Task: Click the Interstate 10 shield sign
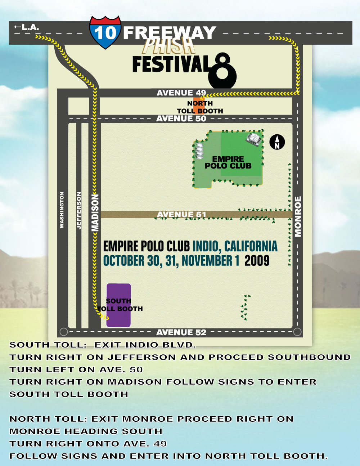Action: click(x=105, y=32)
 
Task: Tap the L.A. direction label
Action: click(x=27, y=27)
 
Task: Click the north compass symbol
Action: click(x=277, y=142)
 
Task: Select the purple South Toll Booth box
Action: click(x=118, y=305)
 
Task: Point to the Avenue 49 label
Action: click(x=181, y=93)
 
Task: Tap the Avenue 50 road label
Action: click(x=181, y=118)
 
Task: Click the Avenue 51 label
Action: click(x=181, y=215)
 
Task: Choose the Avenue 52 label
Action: click(x=181, y=332)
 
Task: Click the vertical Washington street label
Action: click(x=62, y=210)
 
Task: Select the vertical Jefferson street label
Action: click(x=79, y=211)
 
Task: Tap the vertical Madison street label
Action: click(x=95, y=212)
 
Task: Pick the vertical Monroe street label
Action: click(x=298, y=216)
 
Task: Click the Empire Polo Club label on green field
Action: click(x=228, y=162)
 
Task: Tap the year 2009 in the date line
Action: click(x=257, y=260)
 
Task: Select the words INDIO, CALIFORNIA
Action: click(x=235, y=246)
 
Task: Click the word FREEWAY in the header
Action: click(x=169, y=33)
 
